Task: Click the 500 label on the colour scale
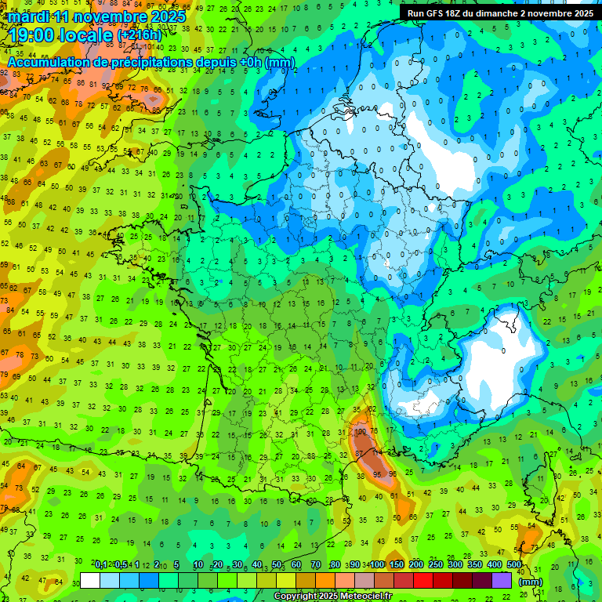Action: [x=514, y=564]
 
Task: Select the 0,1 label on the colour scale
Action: [x=100, y=564]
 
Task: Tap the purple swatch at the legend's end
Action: [x=502, y=580]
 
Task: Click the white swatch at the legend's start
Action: [x=90, y=580]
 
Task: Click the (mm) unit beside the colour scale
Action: [x=531, y=581]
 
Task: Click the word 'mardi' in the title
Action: [x=28, y=16]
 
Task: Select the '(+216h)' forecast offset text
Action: [x=139, y=35]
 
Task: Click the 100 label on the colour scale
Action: [x=376, y=564]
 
